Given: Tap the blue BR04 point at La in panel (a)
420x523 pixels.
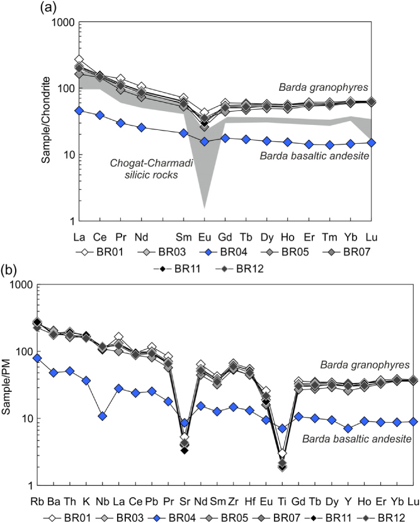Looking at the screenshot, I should (79, 110).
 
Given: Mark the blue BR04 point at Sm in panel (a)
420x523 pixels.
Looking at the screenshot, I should (184, 133).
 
